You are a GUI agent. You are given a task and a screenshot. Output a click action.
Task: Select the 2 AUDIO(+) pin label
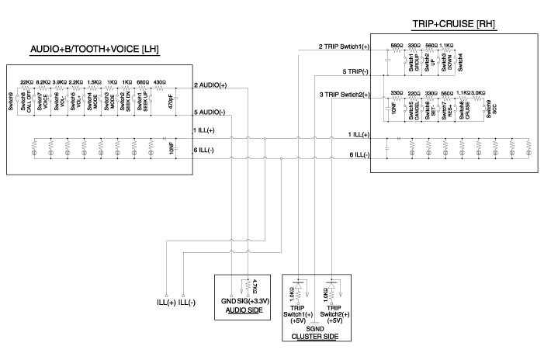210,84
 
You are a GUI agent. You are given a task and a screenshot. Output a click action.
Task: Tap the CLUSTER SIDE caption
315,337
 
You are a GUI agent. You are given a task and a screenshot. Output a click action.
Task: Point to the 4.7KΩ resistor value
255,286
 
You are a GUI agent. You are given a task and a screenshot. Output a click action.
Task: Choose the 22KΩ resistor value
27,81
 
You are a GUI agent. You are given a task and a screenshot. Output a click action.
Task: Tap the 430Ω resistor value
159,81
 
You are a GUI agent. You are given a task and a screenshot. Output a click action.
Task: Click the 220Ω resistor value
414,92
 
